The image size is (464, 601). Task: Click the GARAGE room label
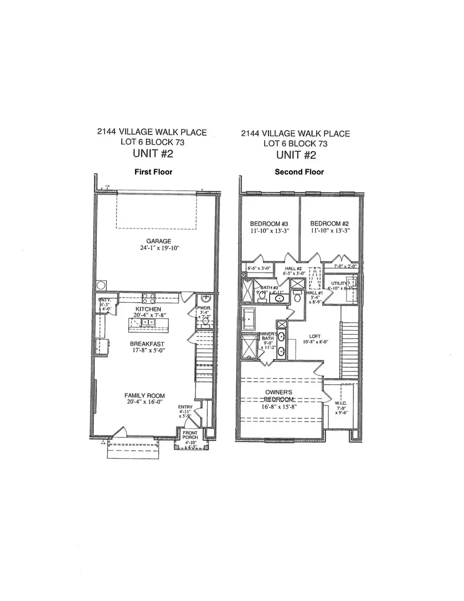click(x=154, y=240)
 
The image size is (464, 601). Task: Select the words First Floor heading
click(x=153, y=172)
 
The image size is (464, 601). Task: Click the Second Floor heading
click(x=300, y=172)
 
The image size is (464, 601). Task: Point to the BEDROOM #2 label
click(x=328, y=223)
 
